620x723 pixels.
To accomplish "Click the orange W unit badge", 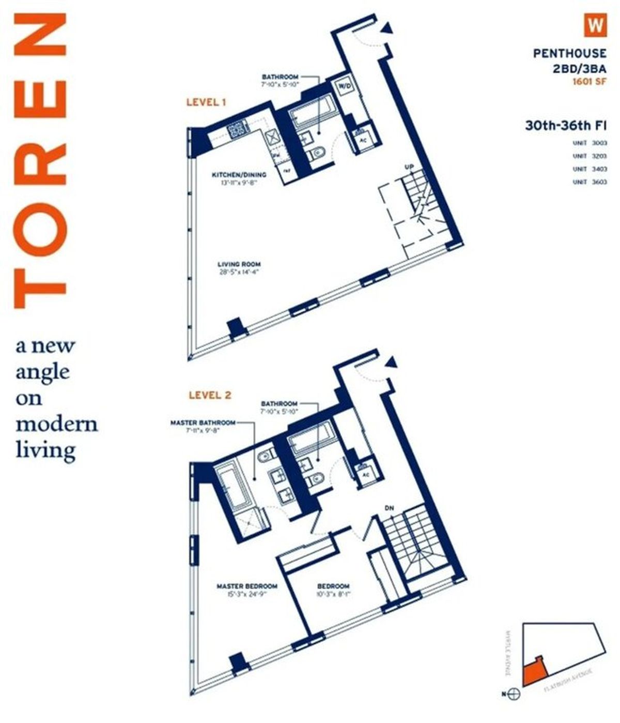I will (x=595, y=25).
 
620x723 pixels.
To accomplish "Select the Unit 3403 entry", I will (x=590, y=169).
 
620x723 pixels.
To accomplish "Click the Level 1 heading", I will (x=206, y=102).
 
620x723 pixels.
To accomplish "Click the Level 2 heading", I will (x=210, y=395).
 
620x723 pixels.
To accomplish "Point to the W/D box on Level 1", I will (x=344, y=87).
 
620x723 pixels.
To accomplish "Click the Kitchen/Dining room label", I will (x=239, y=175).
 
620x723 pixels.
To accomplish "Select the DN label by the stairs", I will (x=389, y=508).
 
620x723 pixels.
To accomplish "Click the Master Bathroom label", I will (x=203, y=423).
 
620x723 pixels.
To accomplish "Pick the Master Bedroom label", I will (x=246, y=586).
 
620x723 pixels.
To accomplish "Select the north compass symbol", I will (x=514, y=694).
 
